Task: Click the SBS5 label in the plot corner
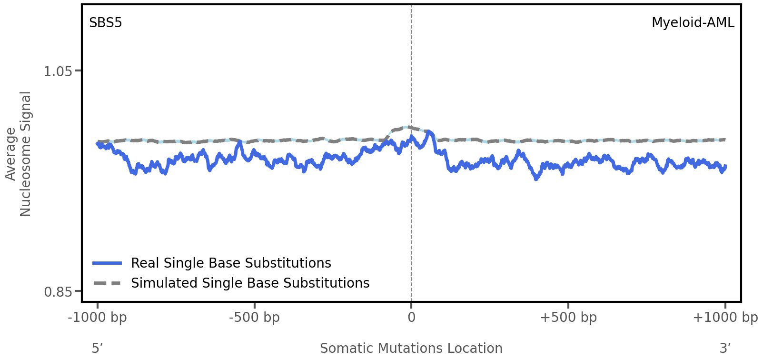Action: [x=106, y=22]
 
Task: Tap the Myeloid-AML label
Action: [x=693, y=22]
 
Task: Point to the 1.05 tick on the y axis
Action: [x=58, y=71]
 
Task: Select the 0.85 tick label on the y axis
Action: [x=58, y=291]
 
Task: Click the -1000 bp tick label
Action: [x=98, y=317]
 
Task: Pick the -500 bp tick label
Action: [x=254, y=317]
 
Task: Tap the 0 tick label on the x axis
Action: [x=411, y=317]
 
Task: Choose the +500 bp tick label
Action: [x=568, y=317]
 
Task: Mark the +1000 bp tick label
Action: [x=725, y=317]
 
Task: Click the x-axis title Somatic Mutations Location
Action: [x=411, y=348]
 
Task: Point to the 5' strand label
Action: [x=97, y=348]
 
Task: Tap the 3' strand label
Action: [x=725, y=348]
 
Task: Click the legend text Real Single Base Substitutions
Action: [x=231, y=263]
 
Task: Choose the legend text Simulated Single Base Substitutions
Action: [x=250, y=283]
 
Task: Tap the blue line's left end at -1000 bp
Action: [x=98, y=143]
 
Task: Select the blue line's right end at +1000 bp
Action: [x=725, y=166]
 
